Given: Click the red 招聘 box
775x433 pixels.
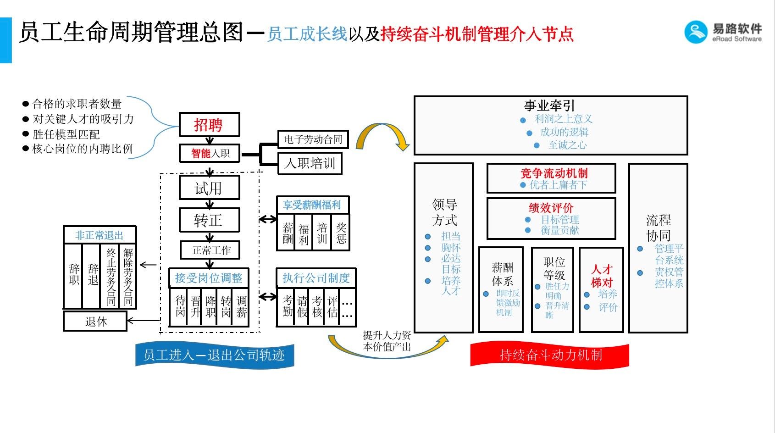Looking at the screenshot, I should tap(209, 125).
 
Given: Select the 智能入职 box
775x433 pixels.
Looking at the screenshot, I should tap(210, 153).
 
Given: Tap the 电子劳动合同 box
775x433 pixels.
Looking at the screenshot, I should tap(313, 139).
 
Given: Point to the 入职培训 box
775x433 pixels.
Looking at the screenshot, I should tap(310, 164).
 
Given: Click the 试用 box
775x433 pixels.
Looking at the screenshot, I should tap(209, 188).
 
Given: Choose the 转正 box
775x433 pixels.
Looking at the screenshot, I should tap(209, 220).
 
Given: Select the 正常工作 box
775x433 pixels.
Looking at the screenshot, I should tap(210, 250).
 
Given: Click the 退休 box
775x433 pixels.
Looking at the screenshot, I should tap(95, 321).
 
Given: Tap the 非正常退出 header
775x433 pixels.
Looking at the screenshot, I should tap(100, 235).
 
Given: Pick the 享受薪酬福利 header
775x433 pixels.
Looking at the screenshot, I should tap(312, 205).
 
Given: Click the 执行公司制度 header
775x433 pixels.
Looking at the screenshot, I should tap(316, 278).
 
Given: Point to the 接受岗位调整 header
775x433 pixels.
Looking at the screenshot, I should tap(209, 278).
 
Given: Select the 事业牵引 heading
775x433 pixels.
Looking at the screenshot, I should tap(549, 105).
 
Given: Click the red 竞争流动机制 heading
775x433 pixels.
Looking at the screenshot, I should tap(554, 173).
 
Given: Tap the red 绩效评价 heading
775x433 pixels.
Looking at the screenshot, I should tap(551, 208).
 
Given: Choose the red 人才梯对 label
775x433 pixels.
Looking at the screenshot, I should tap(601, 275).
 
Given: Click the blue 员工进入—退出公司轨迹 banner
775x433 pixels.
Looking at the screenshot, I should tap(214, 355).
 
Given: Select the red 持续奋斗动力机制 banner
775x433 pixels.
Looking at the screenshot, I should tap(550, 355).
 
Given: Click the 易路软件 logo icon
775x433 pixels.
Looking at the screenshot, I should tap(696, 32).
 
